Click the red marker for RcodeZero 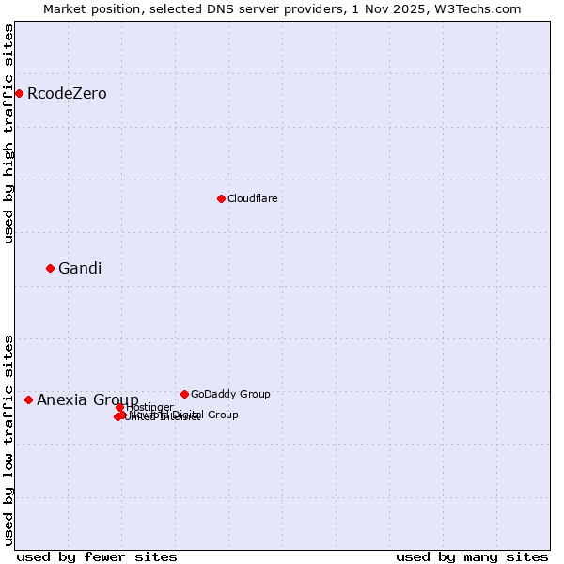(x=19, y=93)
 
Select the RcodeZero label (x=67, y=94)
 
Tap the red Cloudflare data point (x=221, y=198)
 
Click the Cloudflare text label (x=252, y=198)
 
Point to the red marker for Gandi (x=51, y=268)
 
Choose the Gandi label (x=80, y=269)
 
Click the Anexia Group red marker (x=28, y=399)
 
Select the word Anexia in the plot (x=62, y=400)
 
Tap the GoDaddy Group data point (x=184, y=394)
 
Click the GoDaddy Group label (x=230, y=394)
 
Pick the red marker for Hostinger (x=120, y=407)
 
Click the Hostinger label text (x=150, y=407)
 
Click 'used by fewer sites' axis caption (x=97, y=556)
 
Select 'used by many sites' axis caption (x=472, y=556)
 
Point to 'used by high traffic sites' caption (x=9, y=133)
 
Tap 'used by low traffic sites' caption (x=9, y=439)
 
